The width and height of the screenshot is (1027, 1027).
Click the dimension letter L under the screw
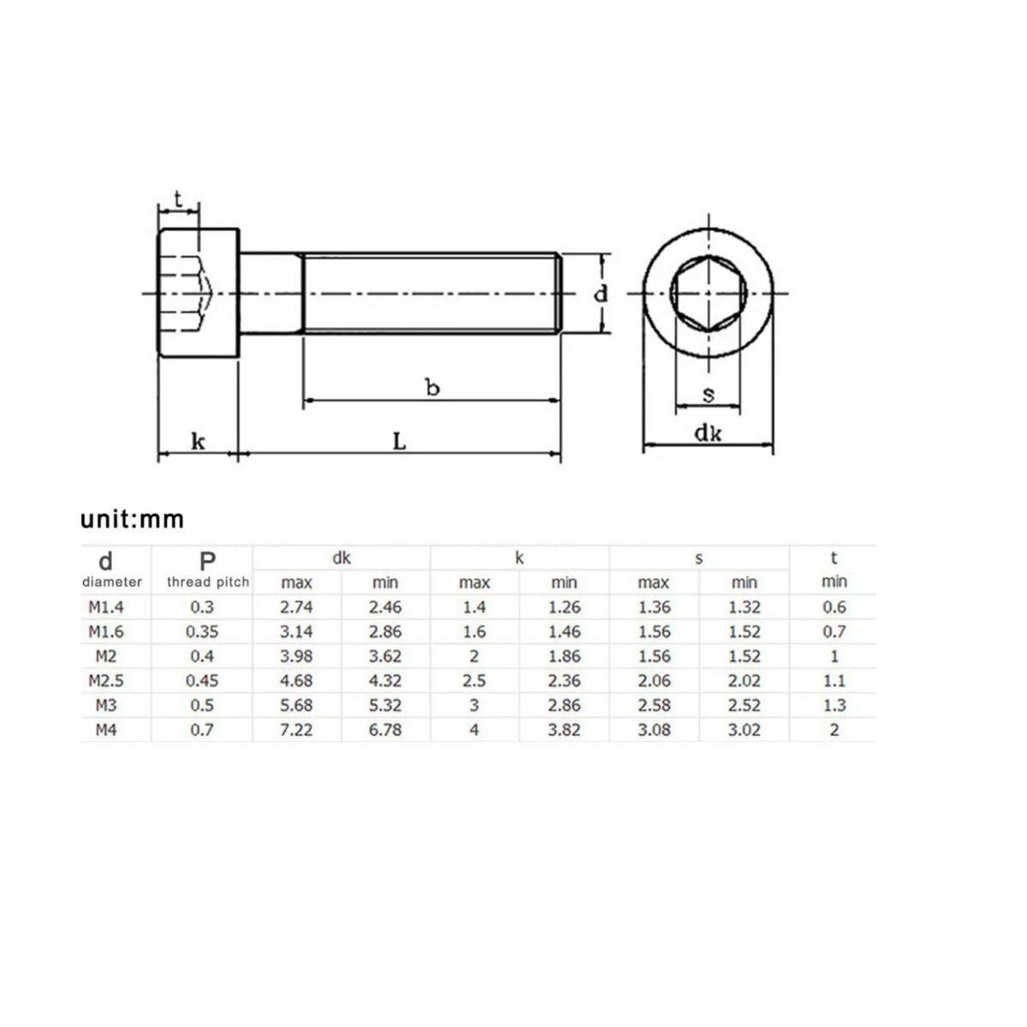point(399,442)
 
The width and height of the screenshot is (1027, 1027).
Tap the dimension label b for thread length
point(433,388)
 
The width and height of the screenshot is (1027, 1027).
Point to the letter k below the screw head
point(198,442)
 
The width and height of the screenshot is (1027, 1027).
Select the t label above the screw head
point(178,199)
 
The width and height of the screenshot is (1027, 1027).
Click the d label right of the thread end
point(601,294)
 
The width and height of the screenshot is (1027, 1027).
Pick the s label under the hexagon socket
point(709,395)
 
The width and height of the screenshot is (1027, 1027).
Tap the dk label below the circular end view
point(709,433)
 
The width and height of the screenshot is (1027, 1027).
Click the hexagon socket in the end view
point(709,294)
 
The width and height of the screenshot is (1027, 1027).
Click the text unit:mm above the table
point(132,519)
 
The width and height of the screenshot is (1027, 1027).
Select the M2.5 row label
point(105,680)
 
